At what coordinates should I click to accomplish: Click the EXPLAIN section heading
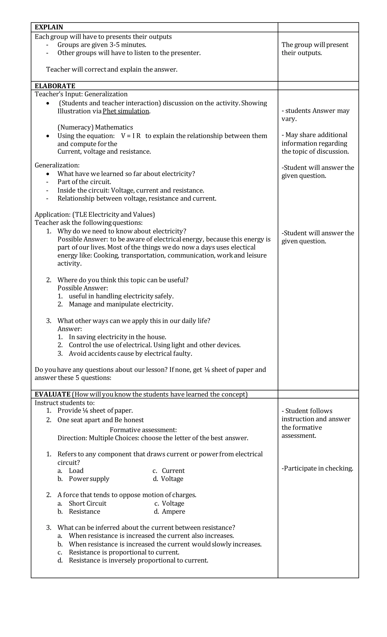(x=49, y=27)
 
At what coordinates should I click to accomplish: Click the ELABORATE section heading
(x=55, y=86)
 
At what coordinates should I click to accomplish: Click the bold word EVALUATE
(x=53, y=394)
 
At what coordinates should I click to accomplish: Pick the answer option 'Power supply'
(x=89, y=479)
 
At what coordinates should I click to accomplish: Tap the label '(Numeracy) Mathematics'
(x=95, y=127)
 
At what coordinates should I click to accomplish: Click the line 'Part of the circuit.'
(x=84, y=182)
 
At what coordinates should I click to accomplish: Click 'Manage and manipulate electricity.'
(x=121, y=304)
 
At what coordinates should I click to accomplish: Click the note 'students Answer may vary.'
(x=315, y=114)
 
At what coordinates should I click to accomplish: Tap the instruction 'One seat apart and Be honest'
(x=100, y=420)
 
